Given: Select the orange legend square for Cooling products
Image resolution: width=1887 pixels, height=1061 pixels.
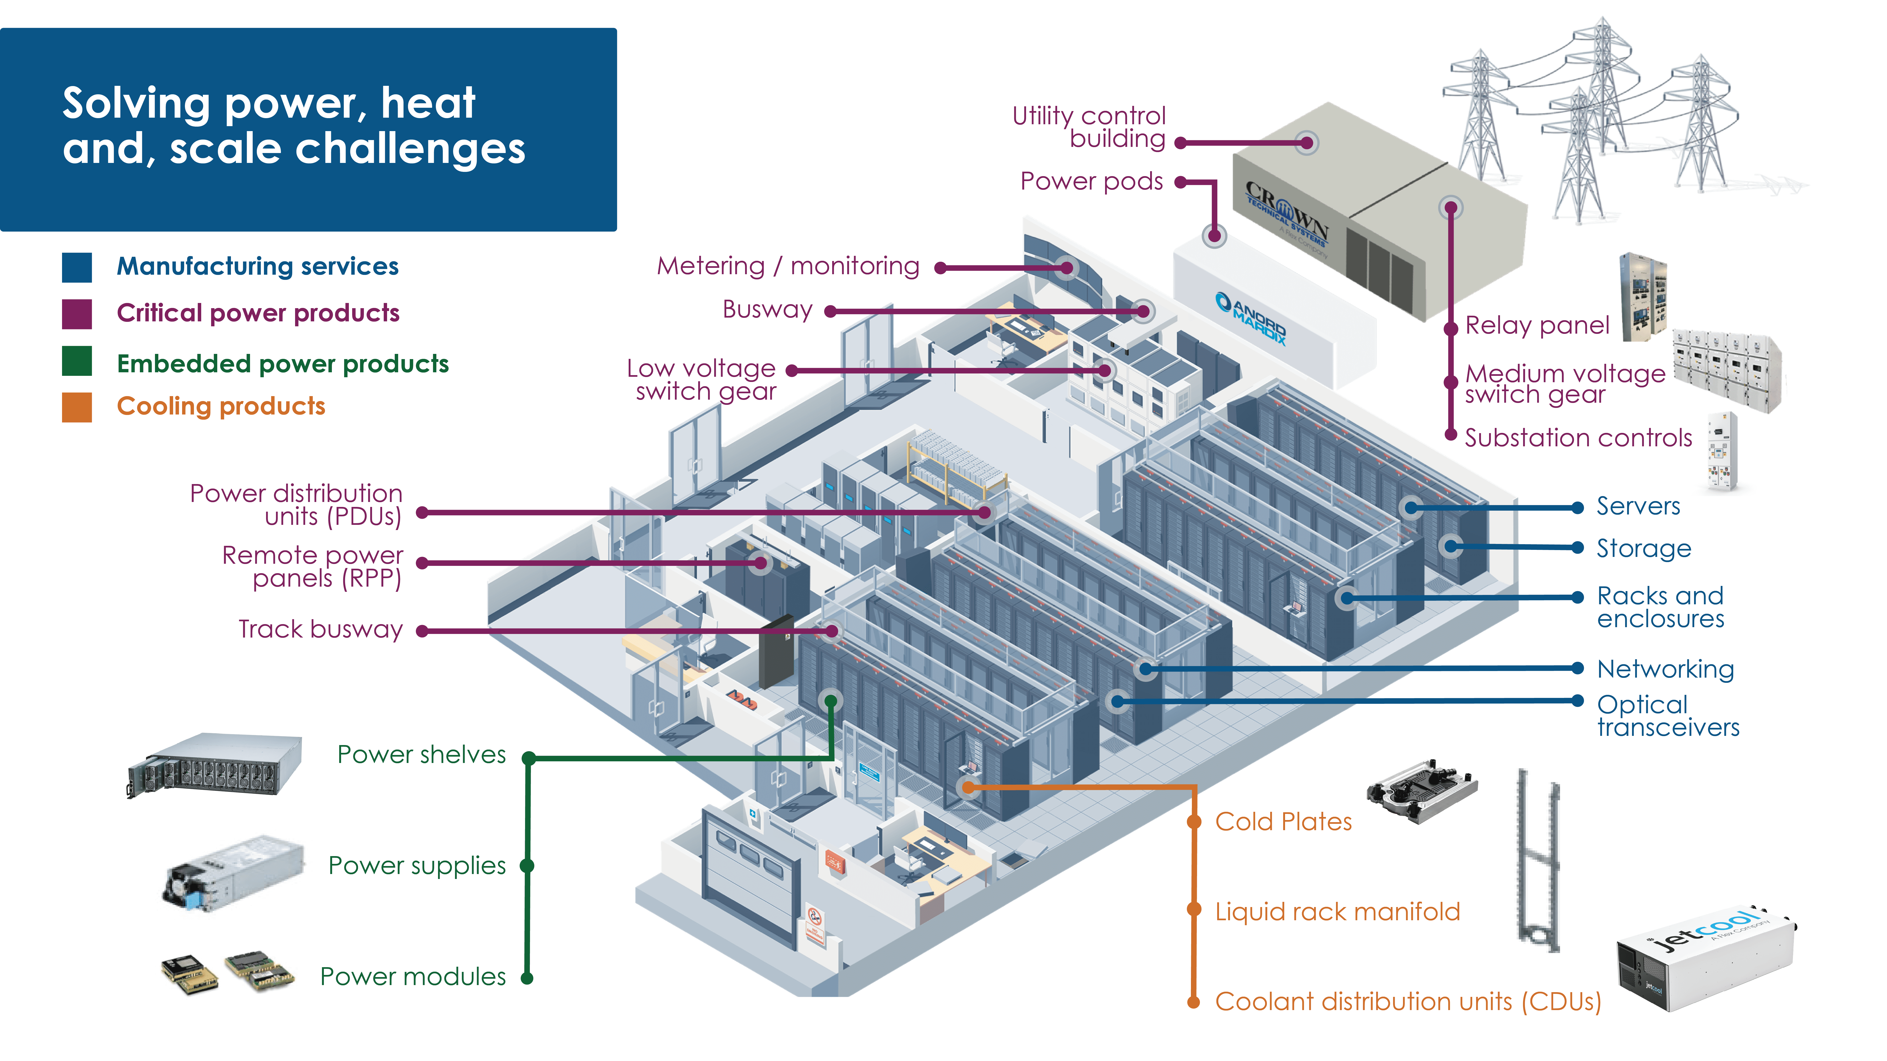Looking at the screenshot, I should coord(77,407).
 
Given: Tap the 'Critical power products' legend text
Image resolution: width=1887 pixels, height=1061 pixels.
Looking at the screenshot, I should coord(258,313).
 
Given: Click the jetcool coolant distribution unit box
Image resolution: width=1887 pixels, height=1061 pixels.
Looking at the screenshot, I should coord(1705,959).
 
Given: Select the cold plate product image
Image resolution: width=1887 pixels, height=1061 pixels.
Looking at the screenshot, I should coord(1421,791).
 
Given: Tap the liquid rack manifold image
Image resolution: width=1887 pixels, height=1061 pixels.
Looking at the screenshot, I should coord(1538,860).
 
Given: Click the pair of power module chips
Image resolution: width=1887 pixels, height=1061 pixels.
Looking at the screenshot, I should coord(227,972).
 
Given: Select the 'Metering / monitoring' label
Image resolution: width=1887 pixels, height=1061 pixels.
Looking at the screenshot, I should coord(788,266).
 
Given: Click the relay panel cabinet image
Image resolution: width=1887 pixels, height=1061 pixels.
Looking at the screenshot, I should coord(1643,297).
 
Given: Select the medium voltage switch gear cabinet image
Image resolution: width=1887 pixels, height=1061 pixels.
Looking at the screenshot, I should coord(1727,370).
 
